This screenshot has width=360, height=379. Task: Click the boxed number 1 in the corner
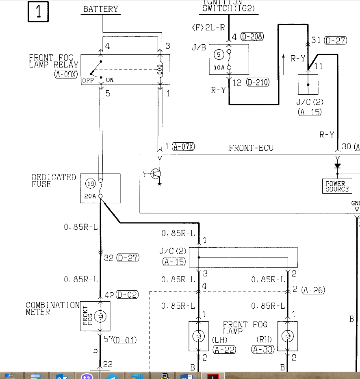pyautogui.click(x=39, y=11)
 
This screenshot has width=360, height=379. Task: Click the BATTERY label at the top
pyautogui.click(x=101, y=9)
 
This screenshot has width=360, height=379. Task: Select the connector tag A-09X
pyautogui.click(x=65, y=74)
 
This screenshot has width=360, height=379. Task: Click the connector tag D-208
pyautogui.click(x=252, y=37)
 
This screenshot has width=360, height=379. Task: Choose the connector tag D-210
pyautogui.click(x=258, y=83)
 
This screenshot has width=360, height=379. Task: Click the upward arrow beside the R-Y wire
pyautogui.click(x=284, y=63)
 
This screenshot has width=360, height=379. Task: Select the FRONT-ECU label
pyautogui.click(x=251, y=148)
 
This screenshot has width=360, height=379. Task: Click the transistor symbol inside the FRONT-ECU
pyautogui.click(x=156, y=174)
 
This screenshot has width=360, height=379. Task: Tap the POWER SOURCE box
pyautogui.click(x=337, y=186)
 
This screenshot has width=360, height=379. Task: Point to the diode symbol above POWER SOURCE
pyautogui.click(x=337, y=166)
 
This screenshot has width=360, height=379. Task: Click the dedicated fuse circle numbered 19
pyautogui.click(x=90, y=184)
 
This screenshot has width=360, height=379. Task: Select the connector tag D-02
pyautogui.click(x=127, y=295)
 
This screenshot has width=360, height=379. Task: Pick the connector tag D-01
pyautogui.click(x=125, y=340)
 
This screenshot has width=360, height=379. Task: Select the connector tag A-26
pyautogui.click(x=313, y=290)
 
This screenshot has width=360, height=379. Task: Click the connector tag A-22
pyautogui.click(x=224, y=349)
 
